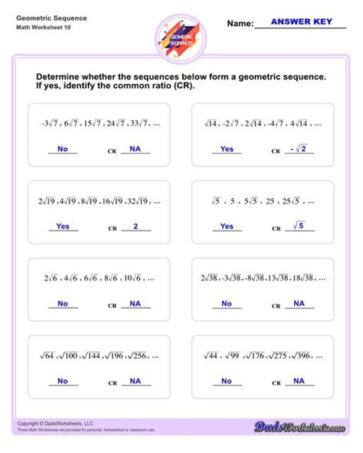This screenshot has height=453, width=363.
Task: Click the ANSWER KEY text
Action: click(301, 22)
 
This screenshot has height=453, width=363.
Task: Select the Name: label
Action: click(240, 24)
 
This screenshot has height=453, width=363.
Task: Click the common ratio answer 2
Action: click(135, 226)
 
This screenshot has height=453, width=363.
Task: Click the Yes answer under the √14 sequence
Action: click(227, 149)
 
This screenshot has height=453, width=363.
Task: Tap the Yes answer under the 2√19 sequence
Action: click(63, 226)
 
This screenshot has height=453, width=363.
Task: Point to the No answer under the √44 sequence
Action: click(227, 380)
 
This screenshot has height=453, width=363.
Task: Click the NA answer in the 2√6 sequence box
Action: click(135, 304)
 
